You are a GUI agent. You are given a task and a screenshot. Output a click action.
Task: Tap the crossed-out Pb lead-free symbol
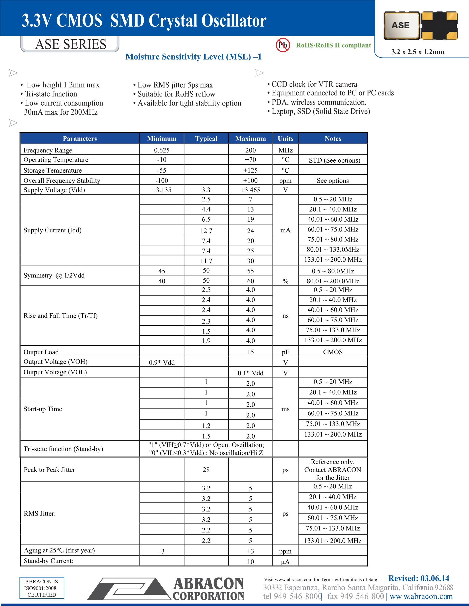pos(283,45)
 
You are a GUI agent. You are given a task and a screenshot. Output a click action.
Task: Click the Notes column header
pos(333,138)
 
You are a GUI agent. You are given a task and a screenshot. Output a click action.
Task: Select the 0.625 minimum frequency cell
pos(162,150)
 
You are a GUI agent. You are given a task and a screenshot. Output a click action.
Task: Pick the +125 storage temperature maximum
pos(250,170)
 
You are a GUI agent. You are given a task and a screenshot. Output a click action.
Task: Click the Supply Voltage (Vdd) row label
pos(54,190)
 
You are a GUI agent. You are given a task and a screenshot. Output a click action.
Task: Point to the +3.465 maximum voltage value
pos(250,190)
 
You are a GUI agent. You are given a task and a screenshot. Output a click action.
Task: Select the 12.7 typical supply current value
pos(206,231)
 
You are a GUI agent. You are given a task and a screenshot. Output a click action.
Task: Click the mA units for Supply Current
pos(285,230)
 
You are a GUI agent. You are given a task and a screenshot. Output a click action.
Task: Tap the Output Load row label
pos(41,352)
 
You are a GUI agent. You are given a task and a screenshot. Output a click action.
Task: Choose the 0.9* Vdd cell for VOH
pos(162,362)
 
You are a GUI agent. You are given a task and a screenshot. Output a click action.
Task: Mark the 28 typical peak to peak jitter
pos(206,470)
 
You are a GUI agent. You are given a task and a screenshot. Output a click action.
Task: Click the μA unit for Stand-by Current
pos(285,561)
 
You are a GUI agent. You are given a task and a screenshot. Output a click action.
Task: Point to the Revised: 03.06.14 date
pos(419,578)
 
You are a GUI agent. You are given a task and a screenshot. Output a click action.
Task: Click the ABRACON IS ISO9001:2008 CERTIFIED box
pos(42,588)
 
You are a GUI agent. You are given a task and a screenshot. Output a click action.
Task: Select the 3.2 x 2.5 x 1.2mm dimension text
pos(418,52)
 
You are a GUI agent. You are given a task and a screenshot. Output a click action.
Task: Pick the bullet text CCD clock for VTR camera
pos(314,84)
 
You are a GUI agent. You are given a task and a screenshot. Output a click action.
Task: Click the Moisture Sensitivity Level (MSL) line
pos(193,57)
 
